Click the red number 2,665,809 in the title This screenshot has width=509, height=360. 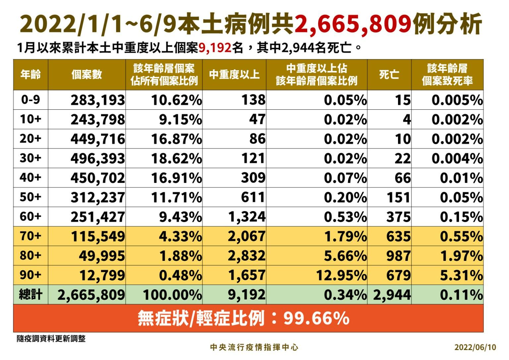pos(353,24)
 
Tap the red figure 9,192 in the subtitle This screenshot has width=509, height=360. pos(215,48)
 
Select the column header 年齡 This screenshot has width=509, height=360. pos(30,75)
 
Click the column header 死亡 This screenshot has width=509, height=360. pos(389,75)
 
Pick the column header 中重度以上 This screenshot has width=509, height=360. pos(234,75)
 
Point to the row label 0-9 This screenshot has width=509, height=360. pos(30,99)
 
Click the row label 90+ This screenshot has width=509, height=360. pos(30,275)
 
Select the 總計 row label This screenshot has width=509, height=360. pos(30,294)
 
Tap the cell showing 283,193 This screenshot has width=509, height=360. pos(98,100)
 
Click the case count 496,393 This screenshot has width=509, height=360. pos(98,158)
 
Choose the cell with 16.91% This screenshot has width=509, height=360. pos(176,178)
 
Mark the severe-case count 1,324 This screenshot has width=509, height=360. pos(247,217)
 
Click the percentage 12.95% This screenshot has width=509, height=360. pos(341,275)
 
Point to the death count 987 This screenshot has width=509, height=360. pos(398,256)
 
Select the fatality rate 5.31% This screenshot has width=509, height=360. pos(461,275)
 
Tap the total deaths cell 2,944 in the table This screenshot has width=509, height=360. pos(392,295)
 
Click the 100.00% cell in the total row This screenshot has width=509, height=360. pos(172,295)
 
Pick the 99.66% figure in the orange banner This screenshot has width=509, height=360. pos(316,319)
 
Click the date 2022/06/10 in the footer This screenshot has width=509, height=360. pos(475,347)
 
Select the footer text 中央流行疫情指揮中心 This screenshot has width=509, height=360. pos(254,347)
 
